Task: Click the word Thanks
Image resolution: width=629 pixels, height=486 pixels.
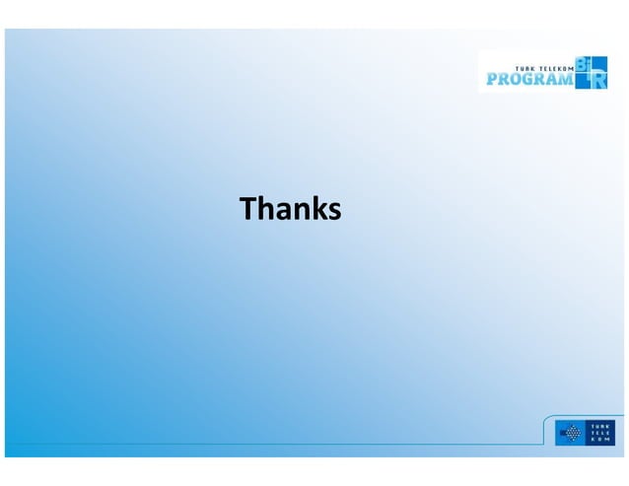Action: (291, 209)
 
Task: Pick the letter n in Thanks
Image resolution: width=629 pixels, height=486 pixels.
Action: (301, 211)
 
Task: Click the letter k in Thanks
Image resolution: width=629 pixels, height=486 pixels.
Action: (317, 209)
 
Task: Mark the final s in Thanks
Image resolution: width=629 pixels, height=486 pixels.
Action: (333, 211)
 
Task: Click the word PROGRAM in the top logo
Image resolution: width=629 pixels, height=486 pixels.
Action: (527, 78)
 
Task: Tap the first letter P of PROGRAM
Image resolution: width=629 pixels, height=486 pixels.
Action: (490, 78)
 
